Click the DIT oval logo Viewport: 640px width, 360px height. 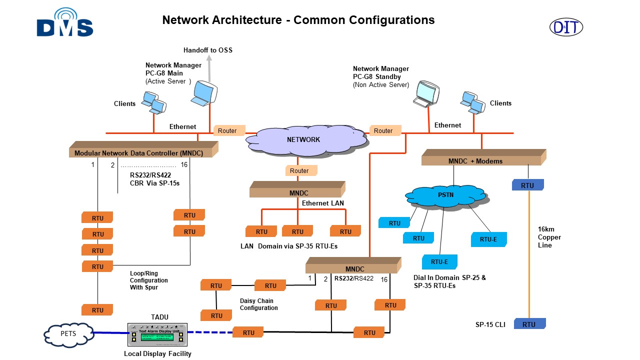tap(566, 27)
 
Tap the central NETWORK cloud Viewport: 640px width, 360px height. tap(303, 139)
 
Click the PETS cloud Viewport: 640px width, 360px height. tap(68, 333)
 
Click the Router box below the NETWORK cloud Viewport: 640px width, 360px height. tap(299, 171)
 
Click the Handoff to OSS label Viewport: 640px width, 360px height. tap(207, 50)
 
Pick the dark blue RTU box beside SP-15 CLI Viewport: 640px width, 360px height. tap(529, 324)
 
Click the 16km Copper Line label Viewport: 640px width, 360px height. tap(549, 237)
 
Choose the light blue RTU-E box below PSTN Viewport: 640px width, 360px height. tap(439, 262)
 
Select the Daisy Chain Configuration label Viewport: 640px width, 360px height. tap(258, 304)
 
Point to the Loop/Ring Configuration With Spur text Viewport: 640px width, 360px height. tap(148, 280)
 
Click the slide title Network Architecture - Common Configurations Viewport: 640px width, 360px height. tap(298, 20)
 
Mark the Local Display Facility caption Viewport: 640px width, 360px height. tap(157, 353)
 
